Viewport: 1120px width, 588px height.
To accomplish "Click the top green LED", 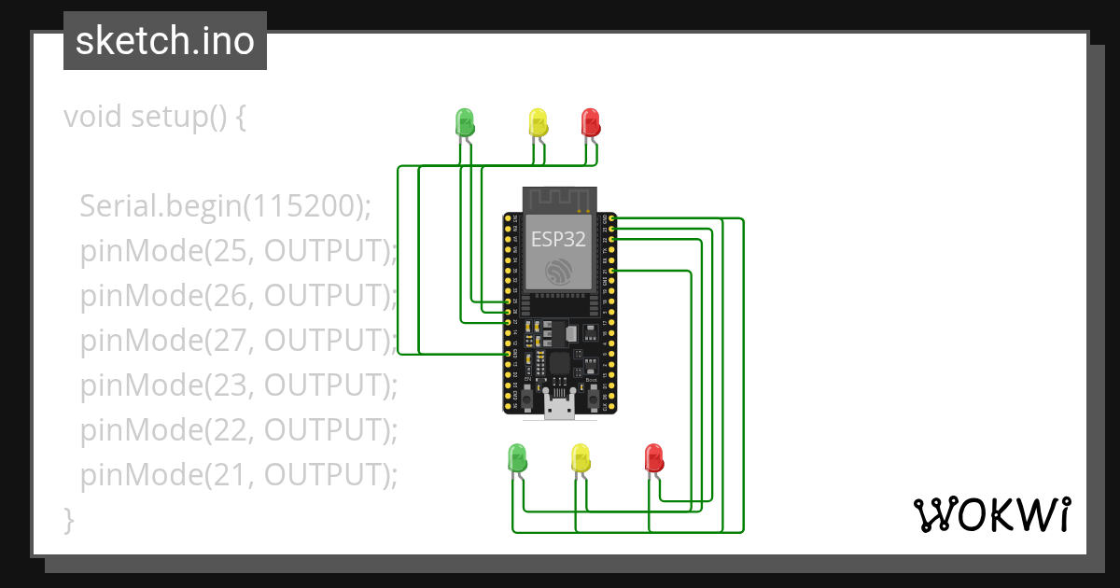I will (464, 121).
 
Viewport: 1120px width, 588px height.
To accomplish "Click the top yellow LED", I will (538, 121).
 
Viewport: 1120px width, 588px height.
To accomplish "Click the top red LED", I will (590, 121).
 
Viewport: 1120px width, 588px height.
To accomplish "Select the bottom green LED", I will (516, 457).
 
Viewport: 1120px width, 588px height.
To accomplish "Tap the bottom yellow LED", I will (581, 457).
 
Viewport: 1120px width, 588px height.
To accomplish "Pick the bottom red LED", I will (654, 457).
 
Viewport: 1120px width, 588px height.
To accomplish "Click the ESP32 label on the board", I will (558, 238).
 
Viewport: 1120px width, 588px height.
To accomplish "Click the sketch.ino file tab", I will (165, 41).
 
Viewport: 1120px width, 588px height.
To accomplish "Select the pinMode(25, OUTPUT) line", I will (239, 250).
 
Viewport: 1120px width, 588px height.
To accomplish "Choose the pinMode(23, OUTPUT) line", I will (239, 385).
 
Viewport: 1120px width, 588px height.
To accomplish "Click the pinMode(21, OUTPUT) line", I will (239, 475).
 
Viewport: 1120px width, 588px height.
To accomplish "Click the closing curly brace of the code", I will (68, 519).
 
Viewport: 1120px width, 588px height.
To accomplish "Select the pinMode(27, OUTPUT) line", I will (239, 340).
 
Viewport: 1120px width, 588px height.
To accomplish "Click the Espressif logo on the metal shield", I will (558, 272).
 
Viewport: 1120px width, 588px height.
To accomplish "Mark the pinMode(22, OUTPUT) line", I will (239, 430).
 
